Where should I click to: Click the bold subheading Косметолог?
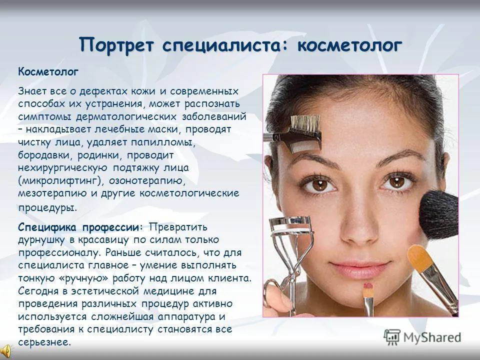[x=48, y=72]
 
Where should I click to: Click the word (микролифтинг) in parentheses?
[x=59, y=181]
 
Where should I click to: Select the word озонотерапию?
[x=147, y=181]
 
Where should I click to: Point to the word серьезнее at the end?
[x=44, y=342]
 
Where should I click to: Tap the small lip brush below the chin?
[x=368, y=299]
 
